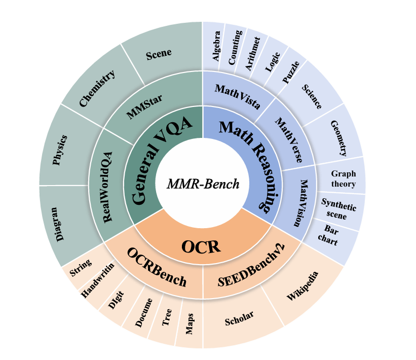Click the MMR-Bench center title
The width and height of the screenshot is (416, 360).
pos(203,184)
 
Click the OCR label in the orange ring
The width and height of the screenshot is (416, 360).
pos(201,247)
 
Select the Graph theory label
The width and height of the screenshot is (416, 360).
pos(344,179)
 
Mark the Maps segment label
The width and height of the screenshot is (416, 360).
pos(190,323)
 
